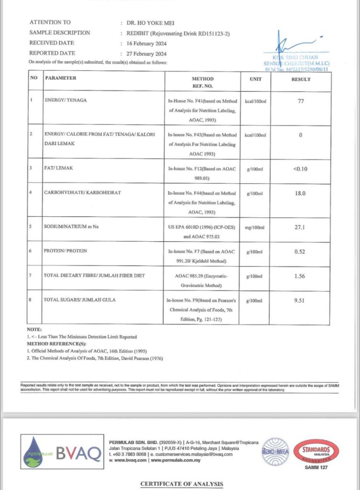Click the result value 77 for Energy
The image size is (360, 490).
pos(301,101)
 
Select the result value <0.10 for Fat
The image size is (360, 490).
pos(301,167)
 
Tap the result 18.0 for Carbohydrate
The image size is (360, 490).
pos(301,193)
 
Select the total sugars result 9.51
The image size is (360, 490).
pos(301,301)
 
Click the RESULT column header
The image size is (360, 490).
pos(301,79)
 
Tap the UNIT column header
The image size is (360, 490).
pos(256,79)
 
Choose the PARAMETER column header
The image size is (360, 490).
pos(60,78)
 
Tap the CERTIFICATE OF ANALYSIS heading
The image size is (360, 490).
pos(181,484)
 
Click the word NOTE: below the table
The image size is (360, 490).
pos(34,330)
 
